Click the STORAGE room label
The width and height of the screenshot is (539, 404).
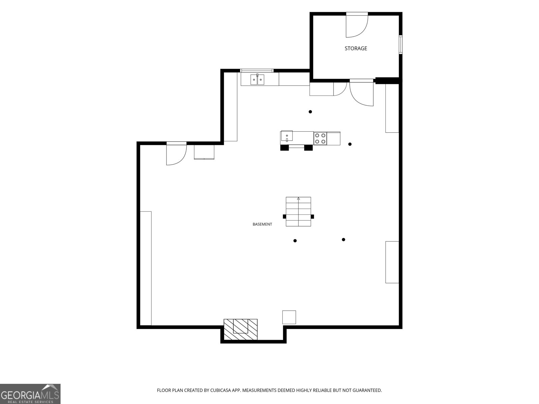tap(355, 48)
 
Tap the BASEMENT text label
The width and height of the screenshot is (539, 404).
tap(262, 224)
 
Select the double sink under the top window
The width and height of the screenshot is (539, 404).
tap(257, 79)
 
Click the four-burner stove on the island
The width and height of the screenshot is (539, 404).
tap(320, 138)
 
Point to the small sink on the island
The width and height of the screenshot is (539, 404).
tap(287, 136)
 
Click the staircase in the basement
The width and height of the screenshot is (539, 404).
tap(298, 211)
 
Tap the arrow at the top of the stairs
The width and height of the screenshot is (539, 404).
tap(298, 198)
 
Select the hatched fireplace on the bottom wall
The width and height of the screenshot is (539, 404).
tap(241, 330)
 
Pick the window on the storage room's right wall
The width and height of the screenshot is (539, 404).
tap(401, 44)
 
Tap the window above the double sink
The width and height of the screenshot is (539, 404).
tap(257, 71)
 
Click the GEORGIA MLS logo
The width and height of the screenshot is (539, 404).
tap(30, 394)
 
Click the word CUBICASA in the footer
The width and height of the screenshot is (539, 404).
tap(220, 390)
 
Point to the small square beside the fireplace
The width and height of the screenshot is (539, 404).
tap(289, 317)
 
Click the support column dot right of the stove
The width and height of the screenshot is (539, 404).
tap(350, 144)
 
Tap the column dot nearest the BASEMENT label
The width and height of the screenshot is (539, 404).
tap(295, 241)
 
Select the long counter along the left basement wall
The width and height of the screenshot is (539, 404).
tap(146, 268)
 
